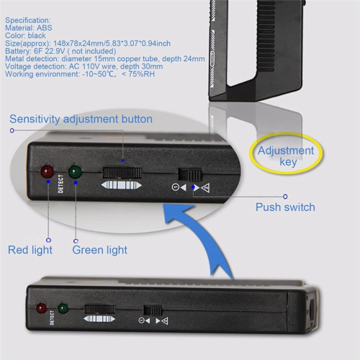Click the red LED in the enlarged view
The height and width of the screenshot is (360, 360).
click(x=47, y=171)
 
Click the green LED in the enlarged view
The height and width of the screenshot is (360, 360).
click(x=75, y=172)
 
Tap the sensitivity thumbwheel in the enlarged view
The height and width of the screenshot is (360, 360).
click(x=122, y=173)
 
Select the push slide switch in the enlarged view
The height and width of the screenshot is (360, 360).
click(x=190, y=175)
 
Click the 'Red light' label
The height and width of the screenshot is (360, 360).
click(x=30, y=250)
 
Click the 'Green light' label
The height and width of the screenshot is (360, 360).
click(x=99, y=250)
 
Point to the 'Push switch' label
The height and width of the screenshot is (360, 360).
click(x=285, y=207)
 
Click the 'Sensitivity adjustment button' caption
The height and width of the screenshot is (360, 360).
click(x=81, y=119)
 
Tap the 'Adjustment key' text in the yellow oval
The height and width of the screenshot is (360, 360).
click(x=286, y=156)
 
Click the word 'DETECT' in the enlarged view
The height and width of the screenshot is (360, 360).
click(x=60, y=184)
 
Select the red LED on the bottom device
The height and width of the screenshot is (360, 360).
click(x=41, y=308)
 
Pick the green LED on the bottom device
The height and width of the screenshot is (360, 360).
click(x=63, y=308)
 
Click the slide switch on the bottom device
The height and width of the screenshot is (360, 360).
click(x=153, y=311)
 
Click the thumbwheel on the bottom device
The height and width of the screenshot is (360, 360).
click(x=100, y=310)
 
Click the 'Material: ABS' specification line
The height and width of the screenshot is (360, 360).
click(x=29, y=28)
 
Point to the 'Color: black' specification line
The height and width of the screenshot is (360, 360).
click(x=25, y=35)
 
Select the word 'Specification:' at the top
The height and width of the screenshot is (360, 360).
click(x=28, y=20)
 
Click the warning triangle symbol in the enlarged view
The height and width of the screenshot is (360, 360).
click(x=205, y=188)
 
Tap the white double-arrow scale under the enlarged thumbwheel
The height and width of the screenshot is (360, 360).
click(x=122, y=185)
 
